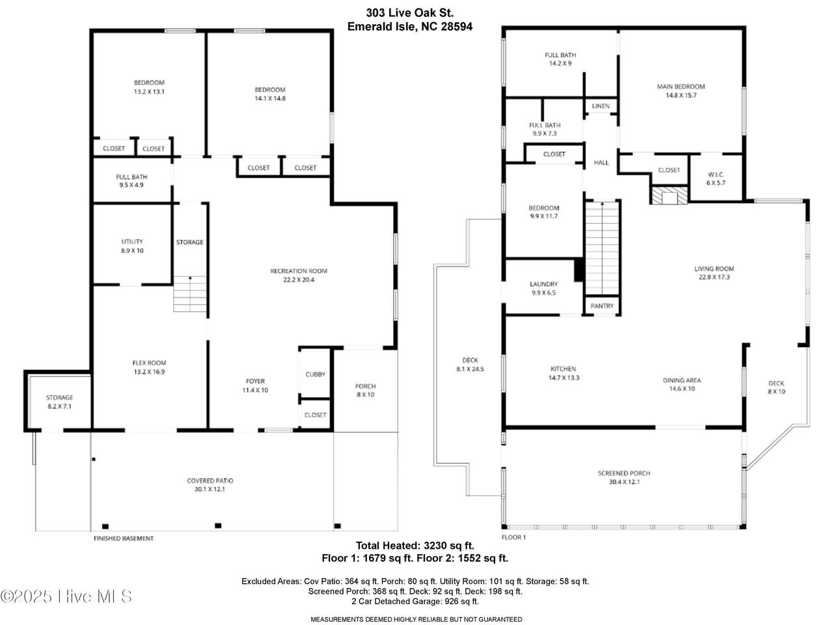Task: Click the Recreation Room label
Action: pyautogui.click(x=299, y=271)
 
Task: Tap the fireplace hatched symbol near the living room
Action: pyautogui.click(x=668, y=195)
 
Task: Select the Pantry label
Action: pyautogui.click(x=602, y=306)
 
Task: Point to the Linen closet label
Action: pyautogui.click(x=601, y=106)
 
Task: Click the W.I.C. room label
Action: pyautogui.click(x=716, y=174)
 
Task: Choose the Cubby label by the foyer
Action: pyautogui.click(x=316, y=374)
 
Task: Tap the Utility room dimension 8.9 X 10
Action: pyautogui.click(x=132, y=251)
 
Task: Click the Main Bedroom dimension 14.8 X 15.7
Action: pyautogui.click(x=681, y=95)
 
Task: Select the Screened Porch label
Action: pyautogui.click(x=624, y=473)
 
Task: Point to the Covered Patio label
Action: pyautogui.click(x=210, y=480)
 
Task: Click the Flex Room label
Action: pyautogui.click(x=149, y=363)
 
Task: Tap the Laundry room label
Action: pyautogui.click(x=544, y=284)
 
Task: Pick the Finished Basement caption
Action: pyautogui.click(x=124, y=538)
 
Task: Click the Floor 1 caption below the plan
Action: pyautogui.click(x=514, y=537)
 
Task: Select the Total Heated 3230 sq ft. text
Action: pyautogui.click(x=415, y=546)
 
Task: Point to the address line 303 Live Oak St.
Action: pyautogui.click(x=410, y=13)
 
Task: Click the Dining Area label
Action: pyautogui.click(x=682, y=380)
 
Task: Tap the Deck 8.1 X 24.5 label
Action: pyautogui.click(x=471, y=365)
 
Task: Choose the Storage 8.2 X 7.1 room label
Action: pyautogui.click(x=60, y=402)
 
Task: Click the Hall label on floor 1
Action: pyautogui.click(x=601, y=162)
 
